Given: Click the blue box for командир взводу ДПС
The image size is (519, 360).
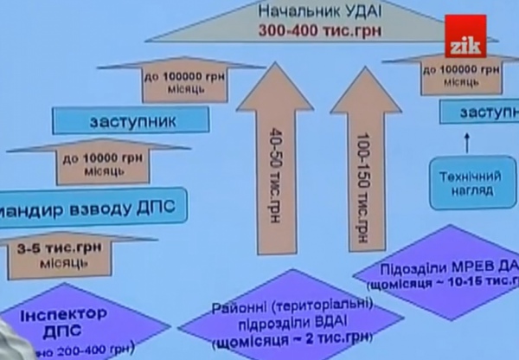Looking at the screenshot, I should pos(86,207).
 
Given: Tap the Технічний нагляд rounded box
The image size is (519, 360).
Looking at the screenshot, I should pos(466,182).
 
